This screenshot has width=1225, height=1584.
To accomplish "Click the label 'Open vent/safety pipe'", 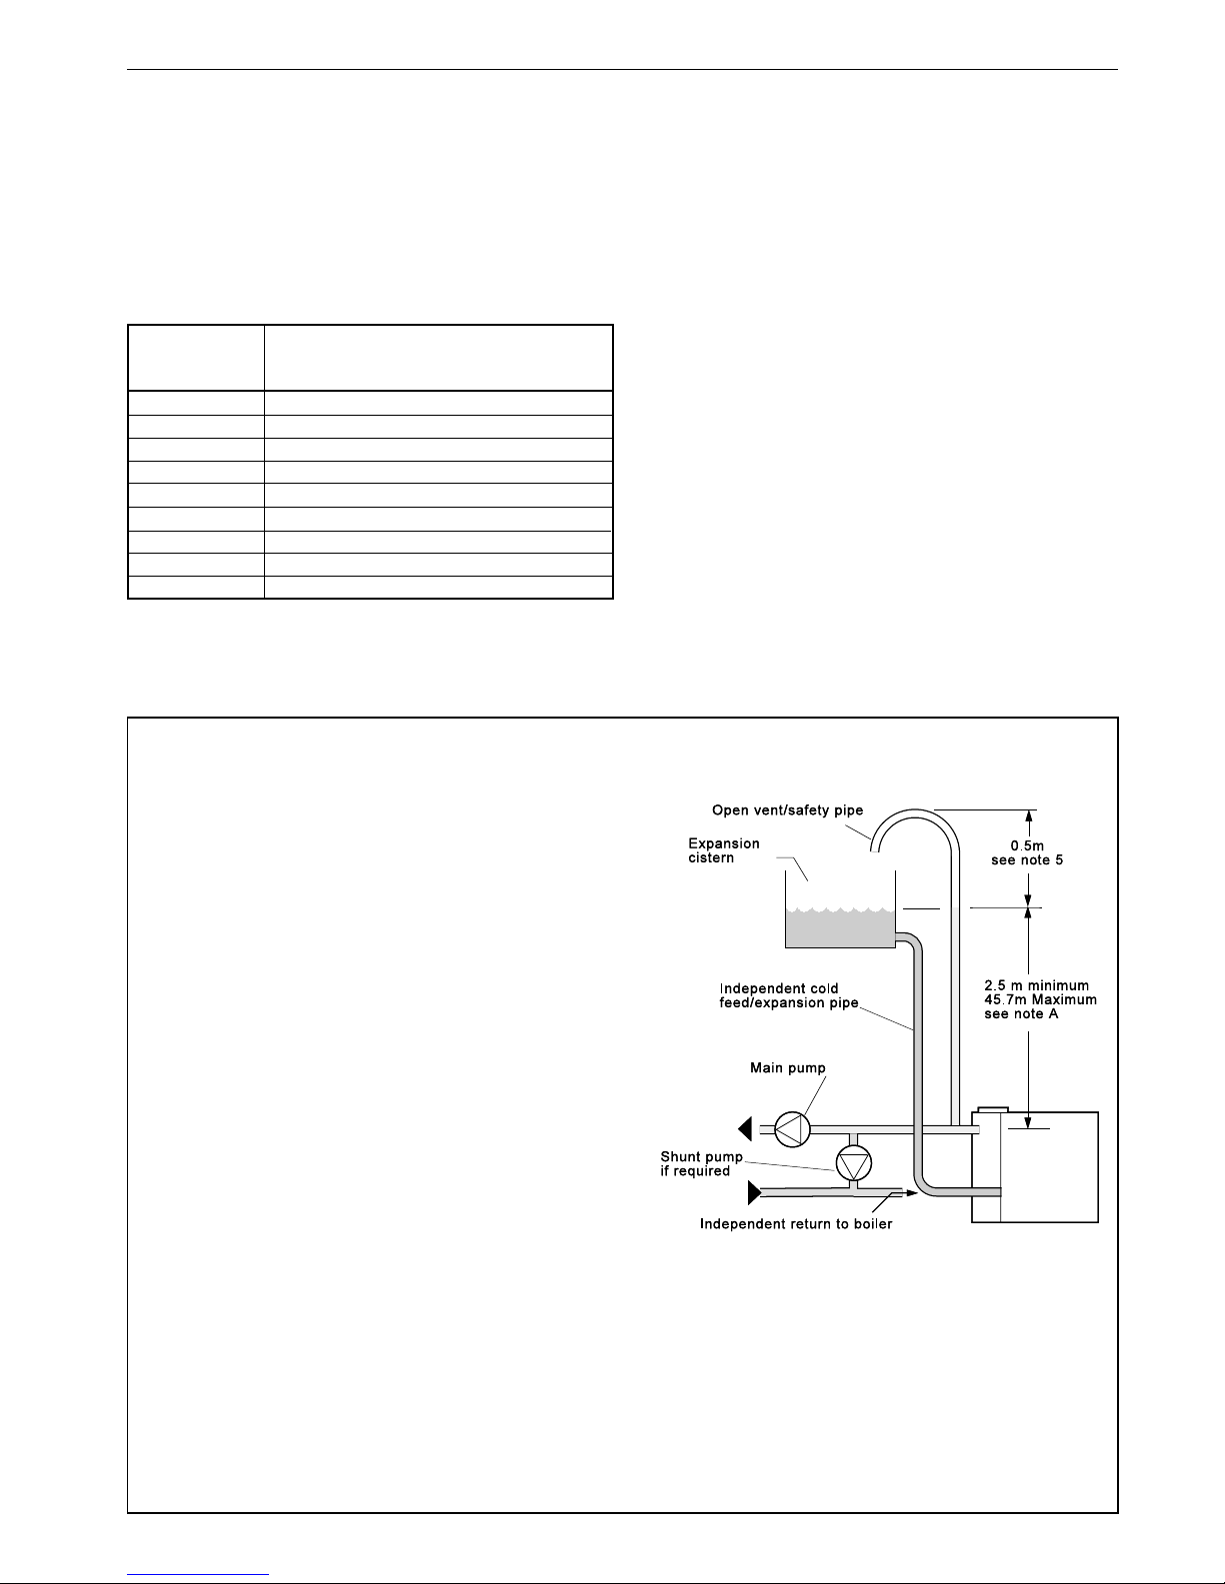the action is pos(788,809).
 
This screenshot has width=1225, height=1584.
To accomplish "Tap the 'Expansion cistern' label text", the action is pos(724,849).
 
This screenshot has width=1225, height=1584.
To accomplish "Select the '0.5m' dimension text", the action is pos(1027,845).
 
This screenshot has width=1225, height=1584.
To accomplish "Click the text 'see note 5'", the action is pos(1027,860).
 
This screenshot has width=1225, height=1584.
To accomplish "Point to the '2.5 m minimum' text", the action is pos(1036,985).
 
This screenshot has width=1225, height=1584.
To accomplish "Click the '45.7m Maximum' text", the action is pos(1041,999).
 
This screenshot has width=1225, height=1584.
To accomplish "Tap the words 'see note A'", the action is pos(1021,1014).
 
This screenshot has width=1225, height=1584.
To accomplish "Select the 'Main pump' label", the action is pos(788,1068).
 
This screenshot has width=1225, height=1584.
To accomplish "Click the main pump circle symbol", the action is pos(792,1129).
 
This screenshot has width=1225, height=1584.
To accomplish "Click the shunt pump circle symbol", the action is pos(853,1163).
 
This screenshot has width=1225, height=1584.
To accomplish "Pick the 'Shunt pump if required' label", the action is pos(701,1163).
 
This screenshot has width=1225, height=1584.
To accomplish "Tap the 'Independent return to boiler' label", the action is pos(796,1224).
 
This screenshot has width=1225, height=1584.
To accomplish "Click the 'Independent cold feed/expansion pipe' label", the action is pos(789,995).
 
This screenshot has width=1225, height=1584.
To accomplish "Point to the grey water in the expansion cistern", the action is pos(840,928).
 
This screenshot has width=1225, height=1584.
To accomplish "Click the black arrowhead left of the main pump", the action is pos(744,1129).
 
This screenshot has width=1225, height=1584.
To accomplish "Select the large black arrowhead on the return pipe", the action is pos(755,1193).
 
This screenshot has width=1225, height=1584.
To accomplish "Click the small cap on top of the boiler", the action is pos(992,1109).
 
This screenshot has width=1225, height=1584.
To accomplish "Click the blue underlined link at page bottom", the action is pos(198,1575).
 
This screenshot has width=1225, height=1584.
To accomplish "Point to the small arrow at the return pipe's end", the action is pos(911,1193).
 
